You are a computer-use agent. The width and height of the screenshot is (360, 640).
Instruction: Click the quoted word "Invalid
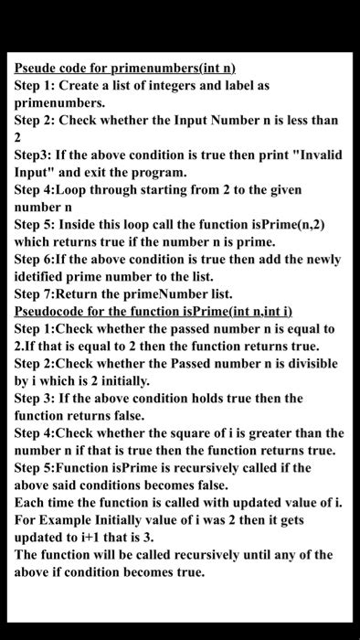pyautogui.click(x=317, y=155)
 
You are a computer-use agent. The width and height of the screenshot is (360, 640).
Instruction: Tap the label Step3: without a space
pyautogui.click(x=34, y=155)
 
